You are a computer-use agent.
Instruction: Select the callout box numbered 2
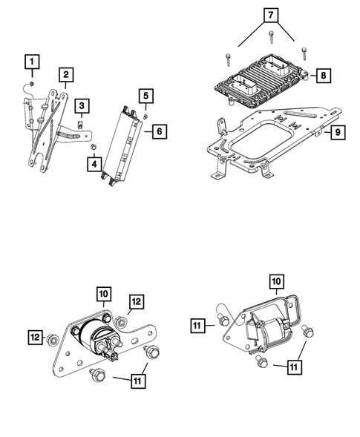(67, 74)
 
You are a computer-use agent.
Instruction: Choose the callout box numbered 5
(145, 96)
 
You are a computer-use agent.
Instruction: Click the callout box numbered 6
(158, 131)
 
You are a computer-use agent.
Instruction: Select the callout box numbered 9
(336, 133)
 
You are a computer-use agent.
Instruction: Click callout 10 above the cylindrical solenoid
(103, 295)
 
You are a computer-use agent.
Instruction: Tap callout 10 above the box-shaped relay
(275, 282)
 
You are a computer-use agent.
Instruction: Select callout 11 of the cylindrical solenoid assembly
(137, 381)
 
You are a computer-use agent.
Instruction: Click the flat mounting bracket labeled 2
(48, 130)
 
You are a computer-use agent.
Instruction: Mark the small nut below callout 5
(145, 115)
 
